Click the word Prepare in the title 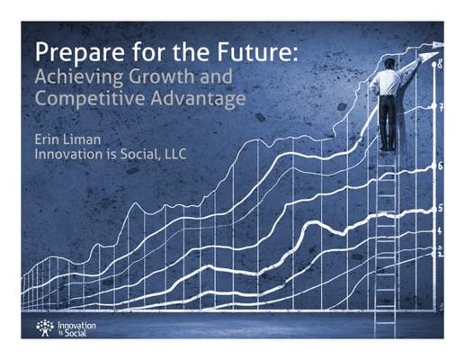click(x=79, y=52)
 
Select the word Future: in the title click(x=257, y=51)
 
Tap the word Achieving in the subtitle click(x=79, y=77)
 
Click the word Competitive click(x=90, y=99)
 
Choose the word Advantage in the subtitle click(x=198, y=99)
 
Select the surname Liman click(x=82, y=139)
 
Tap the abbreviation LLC click(x=175, y=154)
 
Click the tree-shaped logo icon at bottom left click(x=45, y=328)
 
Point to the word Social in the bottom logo click(x=76, y=333)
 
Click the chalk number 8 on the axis click(x=440, y=64)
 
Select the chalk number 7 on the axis click(x=441, y=107)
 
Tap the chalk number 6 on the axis click(x=440, y=166)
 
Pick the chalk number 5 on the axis click(x=440, y=208)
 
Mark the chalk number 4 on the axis click(x=440, y=230)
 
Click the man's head click(x=389, y=64)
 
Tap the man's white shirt click(x=389, y=82)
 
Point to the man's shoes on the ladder click(x=388, y=148)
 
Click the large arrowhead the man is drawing click(x=428, y=56)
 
